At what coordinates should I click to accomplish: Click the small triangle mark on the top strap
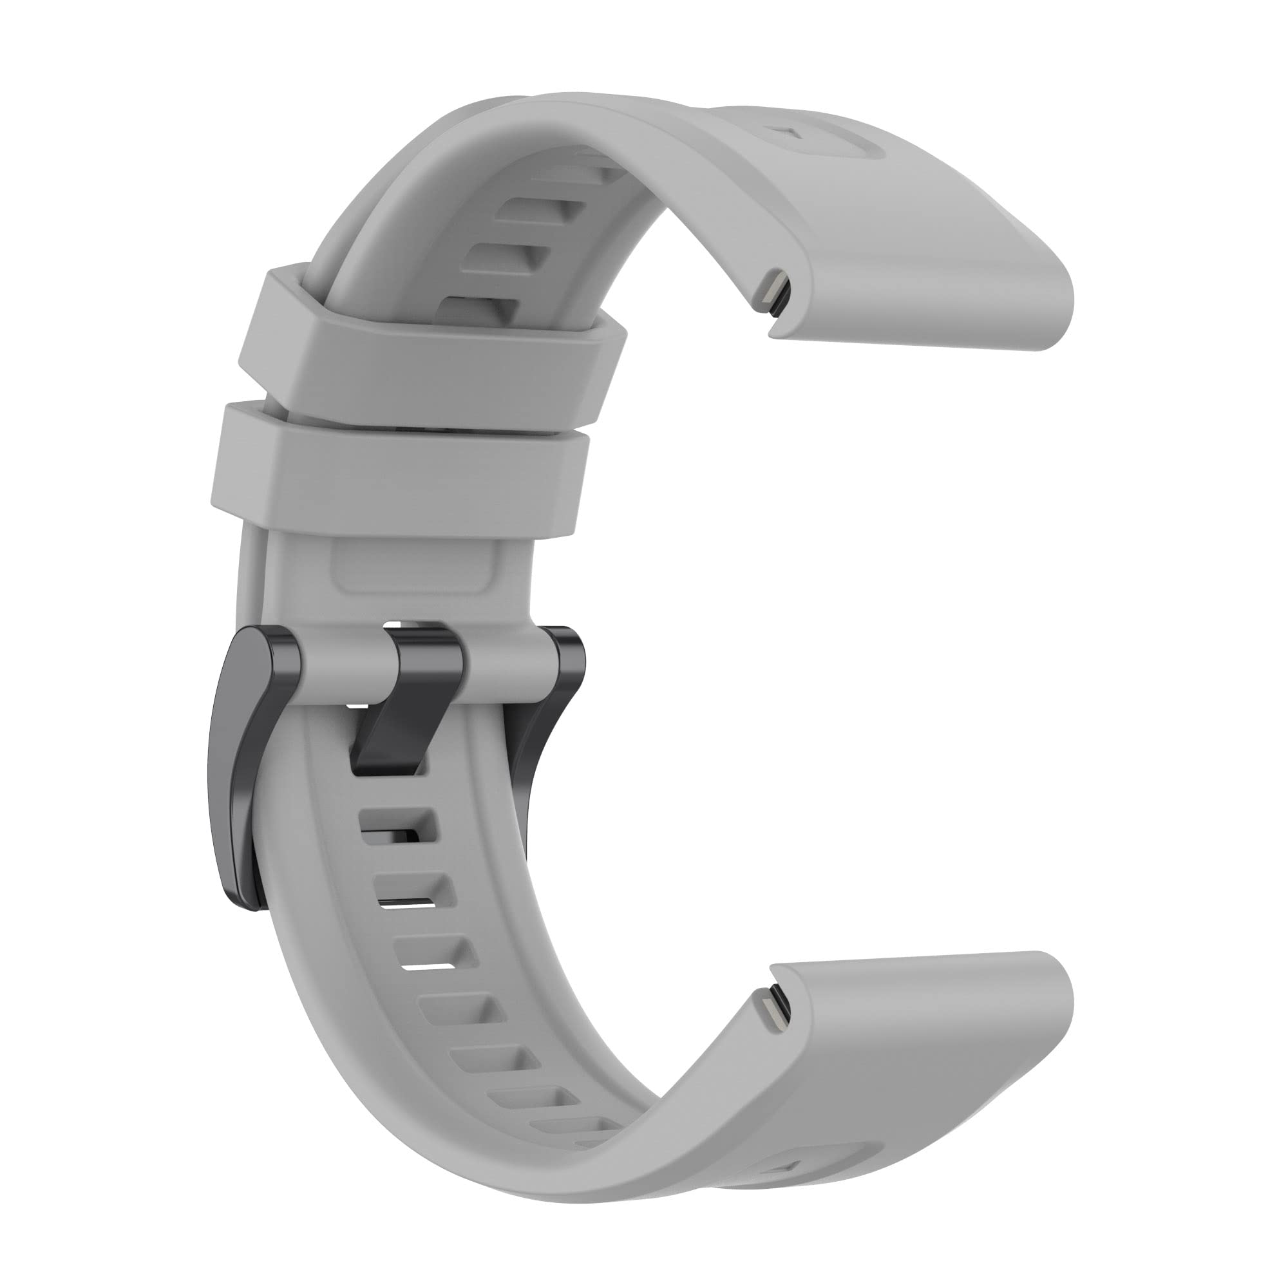coord(790,133)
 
